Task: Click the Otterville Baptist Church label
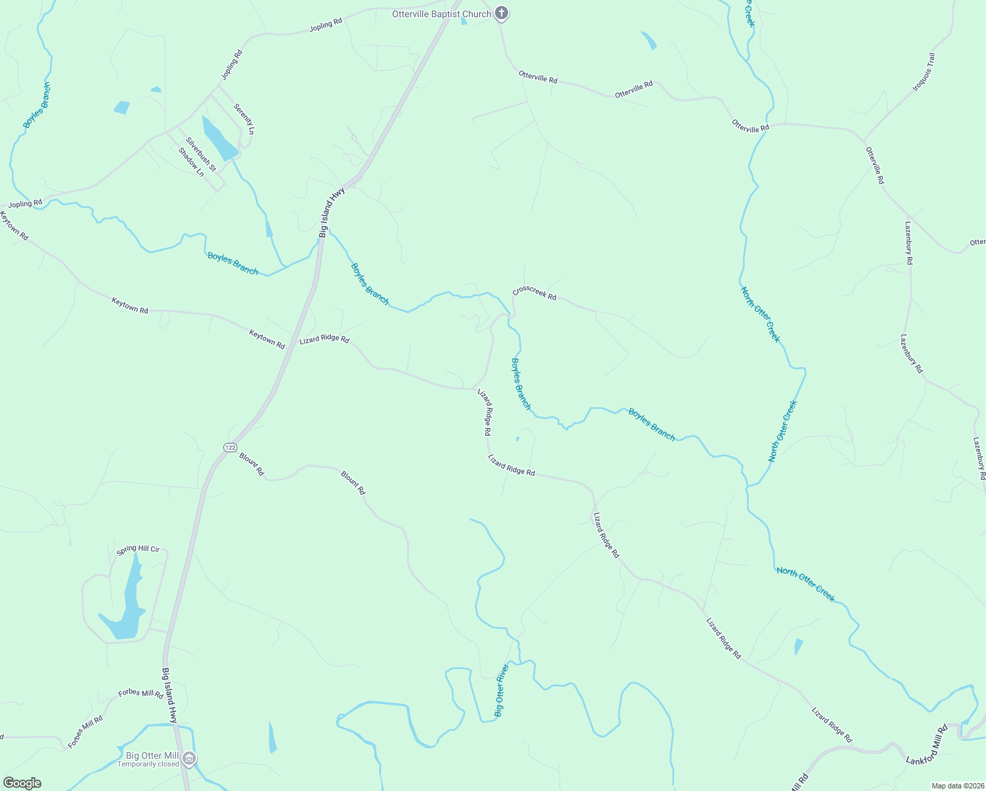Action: (441, 14)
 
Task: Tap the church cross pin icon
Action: (502, 13)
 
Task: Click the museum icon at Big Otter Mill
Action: (189, 759)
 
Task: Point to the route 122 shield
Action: (229, 448)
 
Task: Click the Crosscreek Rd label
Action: (535, 293)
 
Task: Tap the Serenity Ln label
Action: (244, 119)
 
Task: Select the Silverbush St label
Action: (201, 154)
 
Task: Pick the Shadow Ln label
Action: (191, 162)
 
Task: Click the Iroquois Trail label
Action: (924, 73)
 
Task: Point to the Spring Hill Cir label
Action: (138, 549)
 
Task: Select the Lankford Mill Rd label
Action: (927, 746)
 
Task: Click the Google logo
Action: (22, 783)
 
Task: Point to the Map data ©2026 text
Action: (956, 786)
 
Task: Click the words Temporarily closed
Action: (148, 765)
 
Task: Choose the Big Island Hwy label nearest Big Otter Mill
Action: (170, 695)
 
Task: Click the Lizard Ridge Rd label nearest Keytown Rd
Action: (324, 339)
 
